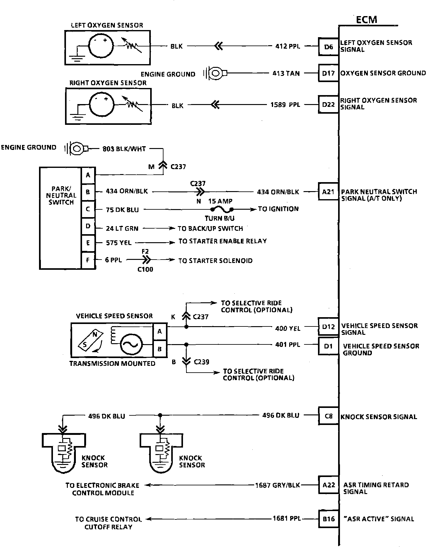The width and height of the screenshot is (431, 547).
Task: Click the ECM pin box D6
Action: click(328, 47)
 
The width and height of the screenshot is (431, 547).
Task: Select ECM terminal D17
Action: click(328, 73)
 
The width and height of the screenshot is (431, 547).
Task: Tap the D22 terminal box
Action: click(328, 105)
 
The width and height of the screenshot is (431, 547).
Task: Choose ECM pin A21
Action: click(328, 192)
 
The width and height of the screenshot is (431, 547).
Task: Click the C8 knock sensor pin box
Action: click(328, 416)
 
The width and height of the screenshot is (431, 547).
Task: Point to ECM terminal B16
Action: click(328, 519)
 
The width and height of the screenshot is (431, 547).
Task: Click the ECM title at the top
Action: click(366, 20)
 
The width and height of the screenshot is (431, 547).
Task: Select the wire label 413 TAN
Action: click(286, 73)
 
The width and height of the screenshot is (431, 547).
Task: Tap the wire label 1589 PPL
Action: click(285, 105)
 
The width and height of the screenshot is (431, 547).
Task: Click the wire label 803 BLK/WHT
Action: click(124, 149)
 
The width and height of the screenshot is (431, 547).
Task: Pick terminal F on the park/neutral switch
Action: click(88, 260)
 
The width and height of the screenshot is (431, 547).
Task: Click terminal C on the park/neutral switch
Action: click(88, 209)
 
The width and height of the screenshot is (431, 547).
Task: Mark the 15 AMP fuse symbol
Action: click(222, 209)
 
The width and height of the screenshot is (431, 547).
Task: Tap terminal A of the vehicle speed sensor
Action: click(160, 331)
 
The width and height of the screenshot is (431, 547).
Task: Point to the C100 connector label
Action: click(145, 269)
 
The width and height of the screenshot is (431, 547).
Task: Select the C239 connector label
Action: click(202, 362)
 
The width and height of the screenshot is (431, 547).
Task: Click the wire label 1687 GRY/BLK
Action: click(278, 485)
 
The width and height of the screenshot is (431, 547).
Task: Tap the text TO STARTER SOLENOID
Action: click(215, 261)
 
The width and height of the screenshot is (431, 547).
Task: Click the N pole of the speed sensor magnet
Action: click(95, 335)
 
